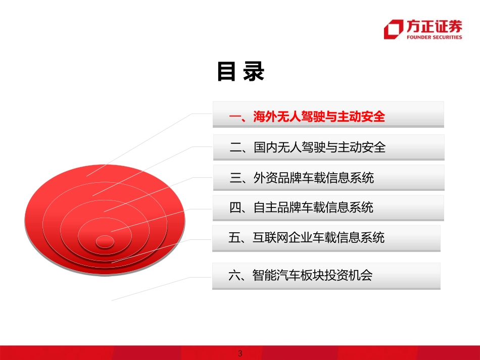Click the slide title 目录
tap(241, 72)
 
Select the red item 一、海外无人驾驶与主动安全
tap(307, 117)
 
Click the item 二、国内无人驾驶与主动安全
tap(307, 147)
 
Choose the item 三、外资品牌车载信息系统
tap(302, 178)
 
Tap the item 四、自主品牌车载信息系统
tap(302, 208)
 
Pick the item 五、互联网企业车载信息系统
tap(306, 238)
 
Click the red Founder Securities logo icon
tap(394, 29)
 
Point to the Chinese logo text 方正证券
tap(434, 26)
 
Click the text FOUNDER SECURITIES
tap(434, 37)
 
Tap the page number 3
tap(240, 353)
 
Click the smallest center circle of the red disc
tap(105, 241)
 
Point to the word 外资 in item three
tap(266, 178)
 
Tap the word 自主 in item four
tap(266, 208)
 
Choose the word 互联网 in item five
tap(271, 238)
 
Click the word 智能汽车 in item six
tap(277, 275)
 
